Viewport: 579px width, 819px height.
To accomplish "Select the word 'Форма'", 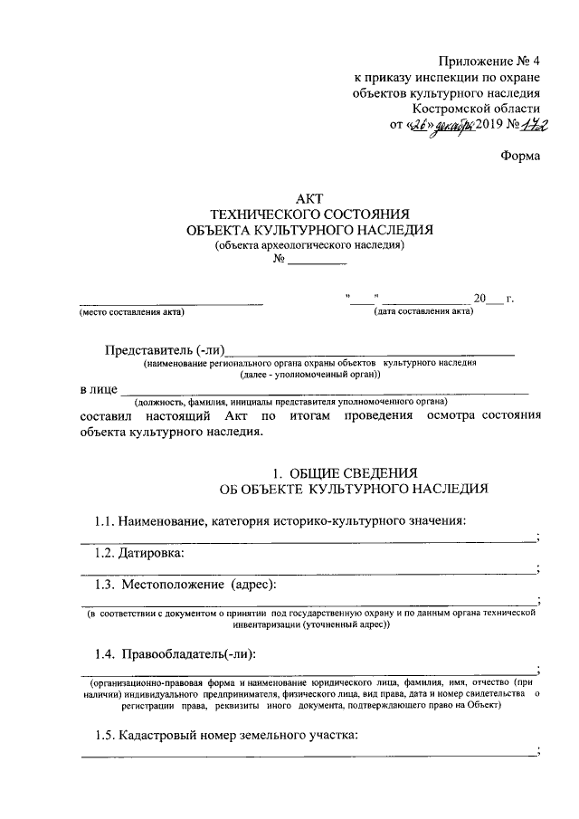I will [521, 157].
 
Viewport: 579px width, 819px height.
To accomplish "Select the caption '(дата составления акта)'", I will [423, 312].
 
